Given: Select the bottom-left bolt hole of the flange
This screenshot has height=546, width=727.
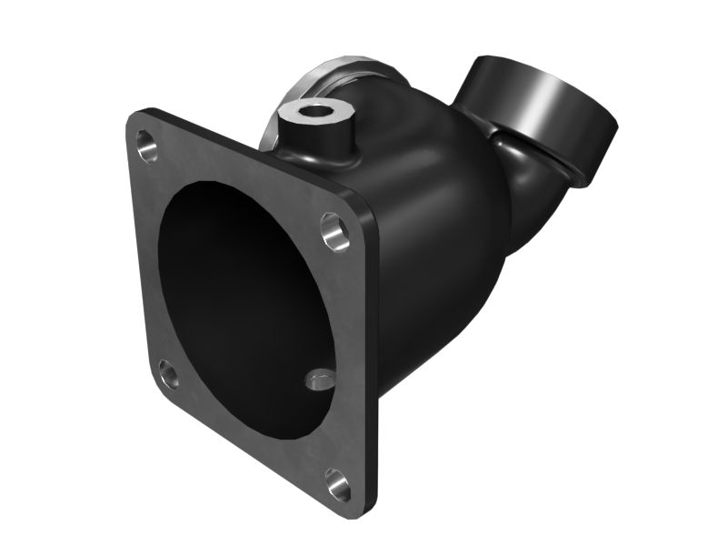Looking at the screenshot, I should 168,371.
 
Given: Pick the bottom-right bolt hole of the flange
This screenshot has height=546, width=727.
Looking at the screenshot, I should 337,483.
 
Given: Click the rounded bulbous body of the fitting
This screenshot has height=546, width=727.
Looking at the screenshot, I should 427,237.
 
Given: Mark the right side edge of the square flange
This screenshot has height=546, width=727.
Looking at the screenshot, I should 373,364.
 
